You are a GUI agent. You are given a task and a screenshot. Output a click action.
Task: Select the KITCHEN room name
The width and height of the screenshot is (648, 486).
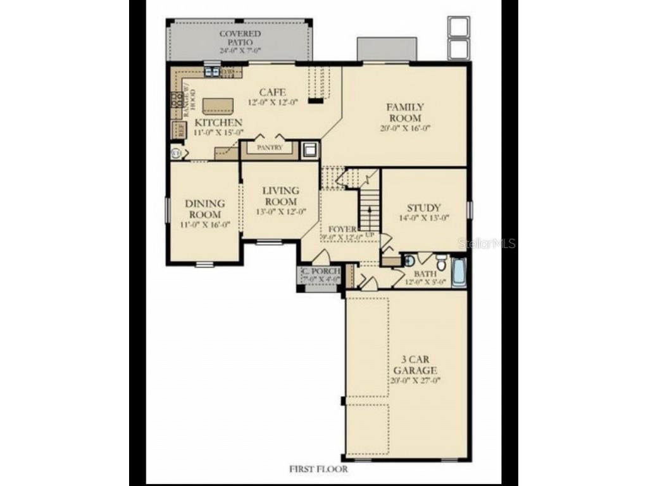[x=218, y=121]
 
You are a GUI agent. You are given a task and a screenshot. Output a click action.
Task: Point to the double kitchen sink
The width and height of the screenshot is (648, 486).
[x=212, y=72]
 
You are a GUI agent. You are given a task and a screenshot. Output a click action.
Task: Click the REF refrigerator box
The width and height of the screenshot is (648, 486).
[x=180, y=130]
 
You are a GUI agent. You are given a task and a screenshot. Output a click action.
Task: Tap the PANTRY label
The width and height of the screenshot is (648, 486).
[x=269, y=147]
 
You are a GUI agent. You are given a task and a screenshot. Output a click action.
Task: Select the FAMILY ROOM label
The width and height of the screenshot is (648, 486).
[x=405, y=113]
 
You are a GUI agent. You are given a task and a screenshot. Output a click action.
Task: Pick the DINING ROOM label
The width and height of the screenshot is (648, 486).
[x=204, y=209]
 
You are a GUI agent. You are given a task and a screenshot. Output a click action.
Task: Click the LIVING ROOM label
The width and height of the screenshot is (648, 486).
[x=280, y=196]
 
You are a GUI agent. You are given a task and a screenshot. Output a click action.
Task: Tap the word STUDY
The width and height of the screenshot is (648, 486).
[x=423, y=208]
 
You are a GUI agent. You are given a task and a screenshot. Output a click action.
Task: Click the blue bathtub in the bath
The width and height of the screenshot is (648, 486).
[x=459, y=272]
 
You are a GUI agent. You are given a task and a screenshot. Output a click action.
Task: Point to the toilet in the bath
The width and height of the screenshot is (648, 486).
[x=441, y=262]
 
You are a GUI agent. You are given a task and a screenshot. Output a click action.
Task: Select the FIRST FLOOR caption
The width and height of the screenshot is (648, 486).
[x=318, y=469]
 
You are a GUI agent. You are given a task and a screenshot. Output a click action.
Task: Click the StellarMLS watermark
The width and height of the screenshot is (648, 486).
[x=487, y=243]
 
